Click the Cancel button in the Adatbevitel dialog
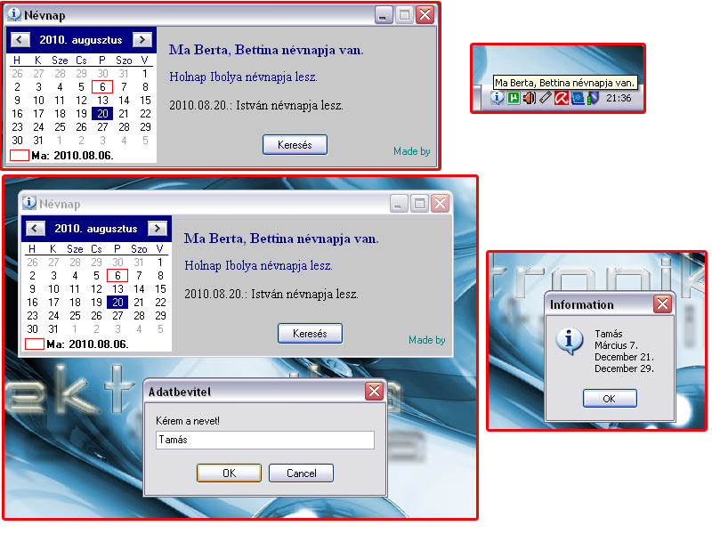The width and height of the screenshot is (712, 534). tap(301, 473)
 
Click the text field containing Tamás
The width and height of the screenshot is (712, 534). tap(264, 440)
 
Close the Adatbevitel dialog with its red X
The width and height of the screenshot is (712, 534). tap(374, 391)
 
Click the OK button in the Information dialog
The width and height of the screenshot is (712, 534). tap(610, 399)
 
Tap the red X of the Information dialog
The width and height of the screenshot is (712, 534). tap(662, 303)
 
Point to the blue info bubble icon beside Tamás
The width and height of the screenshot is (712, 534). tap(569, 341)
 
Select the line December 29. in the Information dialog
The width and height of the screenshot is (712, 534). tap(625, 368)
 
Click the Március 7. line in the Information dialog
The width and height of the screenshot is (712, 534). tap(616, 345)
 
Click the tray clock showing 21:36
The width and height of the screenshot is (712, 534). tap(619, 98)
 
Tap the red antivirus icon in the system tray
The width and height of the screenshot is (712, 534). tap(562, 98)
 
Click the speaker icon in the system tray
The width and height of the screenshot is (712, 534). tap(529, 98)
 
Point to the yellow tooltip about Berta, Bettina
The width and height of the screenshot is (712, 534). tap(565, 83)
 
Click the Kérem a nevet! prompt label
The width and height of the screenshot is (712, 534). tap(188, 421)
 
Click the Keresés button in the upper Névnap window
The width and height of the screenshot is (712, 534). tap(295, 145)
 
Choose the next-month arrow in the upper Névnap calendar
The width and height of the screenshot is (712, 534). tap(142, 40)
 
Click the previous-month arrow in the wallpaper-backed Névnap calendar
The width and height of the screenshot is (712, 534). tap(35, 229)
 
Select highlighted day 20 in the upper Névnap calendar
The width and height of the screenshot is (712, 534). tap(102, 114)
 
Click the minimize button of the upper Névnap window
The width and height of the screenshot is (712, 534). tap(384, 15)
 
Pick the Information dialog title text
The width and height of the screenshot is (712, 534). tap(582, 304)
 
